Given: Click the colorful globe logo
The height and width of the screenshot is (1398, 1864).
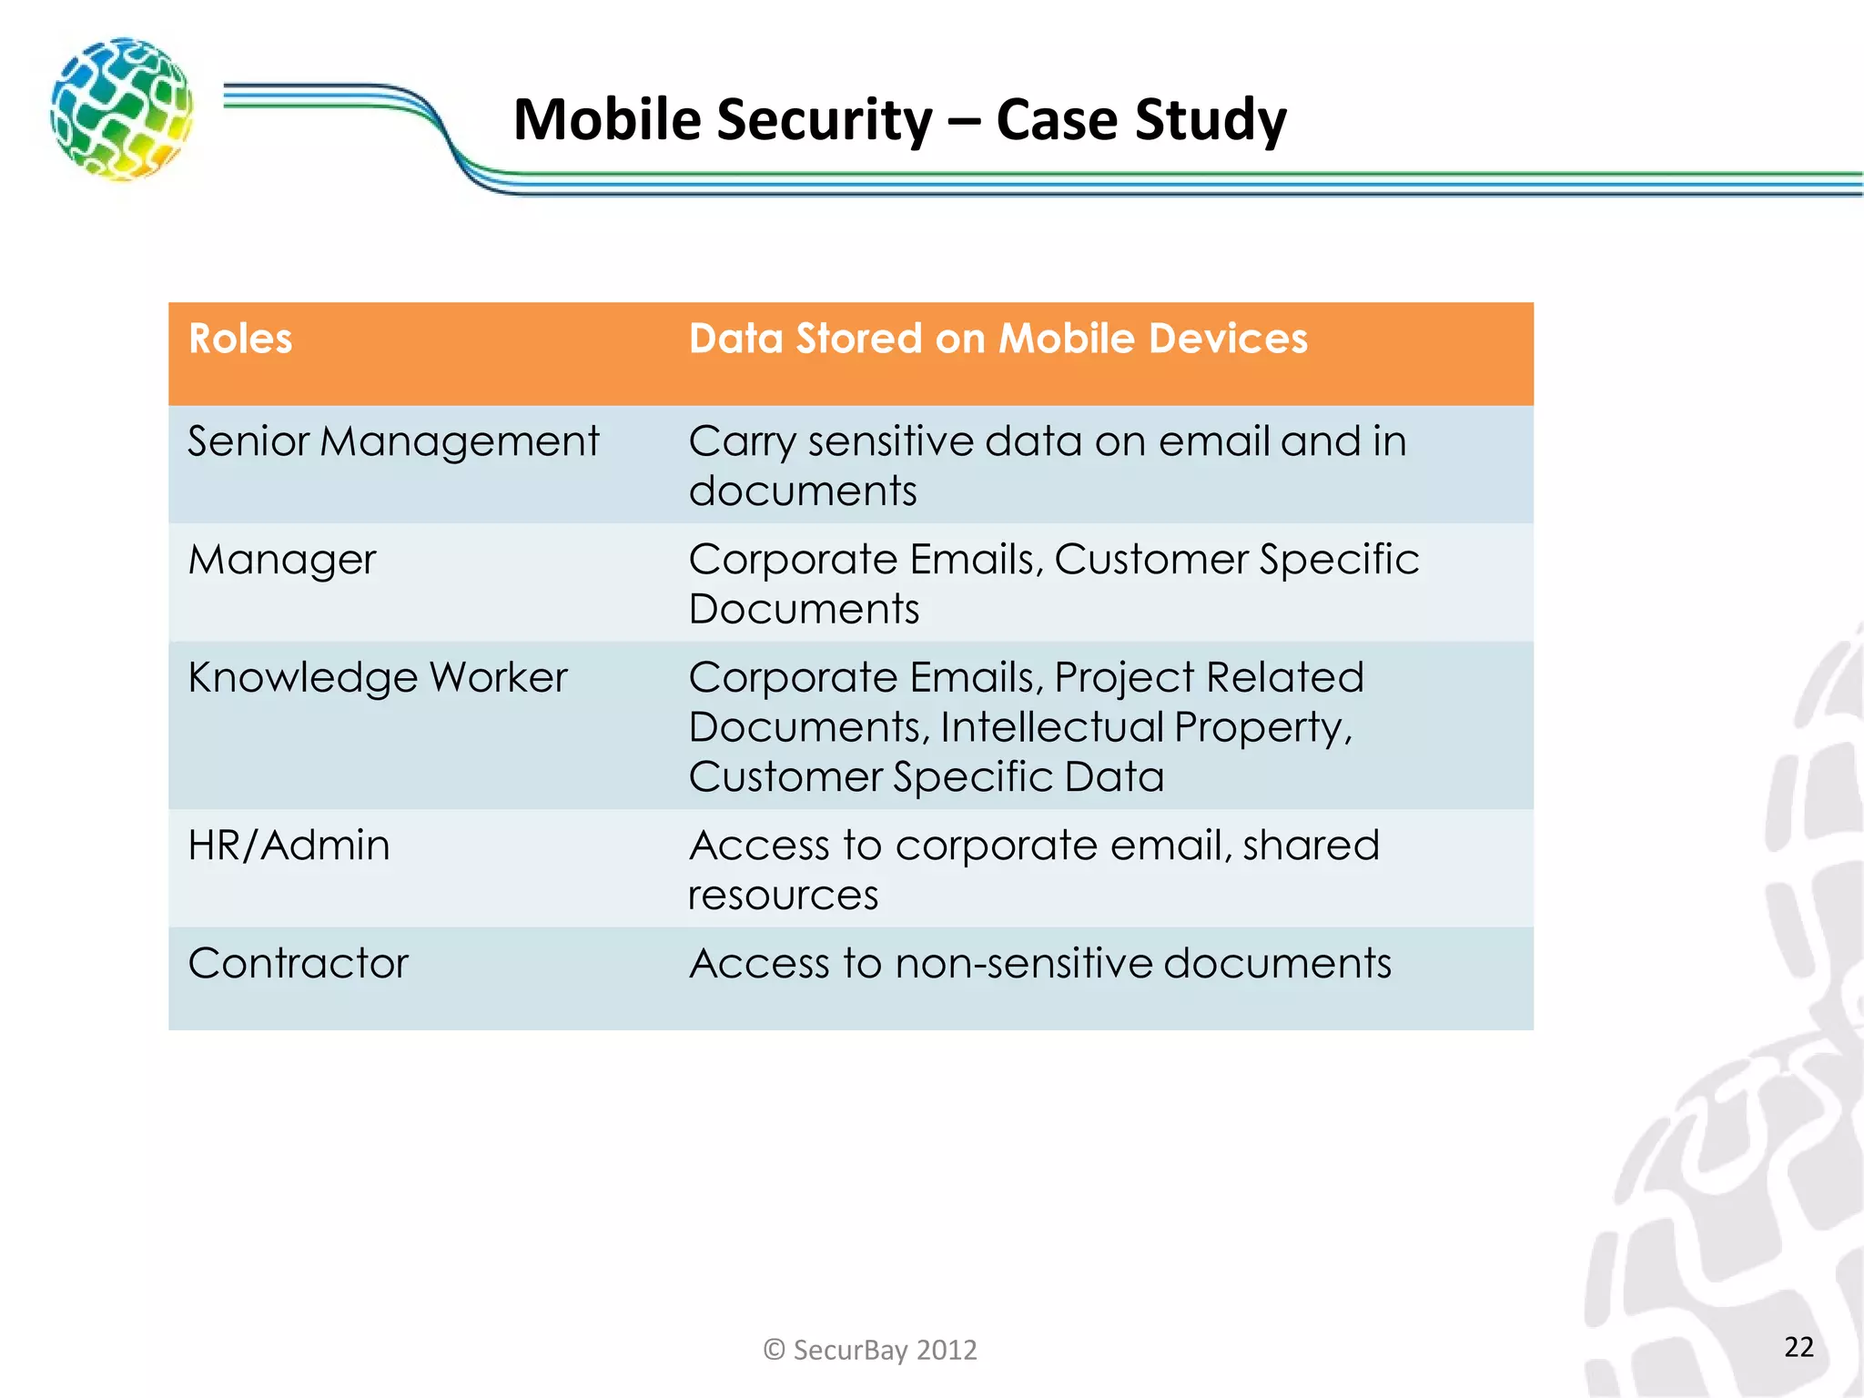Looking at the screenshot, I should pos(122,109).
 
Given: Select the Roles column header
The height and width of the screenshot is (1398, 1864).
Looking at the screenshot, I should pos(240,339).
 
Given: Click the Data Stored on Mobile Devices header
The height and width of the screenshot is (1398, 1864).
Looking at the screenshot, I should pos(998,339).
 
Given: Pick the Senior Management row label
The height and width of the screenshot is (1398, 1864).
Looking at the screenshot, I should pos(393,442).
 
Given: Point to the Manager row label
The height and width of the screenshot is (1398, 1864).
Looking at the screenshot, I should pos(281,560).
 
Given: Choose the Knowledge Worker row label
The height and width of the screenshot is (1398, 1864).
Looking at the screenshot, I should pos(377,678).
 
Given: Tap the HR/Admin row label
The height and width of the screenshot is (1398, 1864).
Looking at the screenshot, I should pos(289,846).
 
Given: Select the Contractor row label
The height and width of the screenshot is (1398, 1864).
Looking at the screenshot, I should pos(298,964).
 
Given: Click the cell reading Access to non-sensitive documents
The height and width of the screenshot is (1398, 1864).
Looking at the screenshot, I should pos(1039,964).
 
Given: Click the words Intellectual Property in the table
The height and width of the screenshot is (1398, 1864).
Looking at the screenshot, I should pos(1145,728).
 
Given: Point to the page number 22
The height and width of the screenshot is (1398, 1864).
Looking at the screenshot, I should pos(1798,1347).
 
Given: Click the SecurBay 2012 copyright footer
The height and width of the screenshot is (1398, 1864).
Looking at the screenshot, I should pos(870,1350).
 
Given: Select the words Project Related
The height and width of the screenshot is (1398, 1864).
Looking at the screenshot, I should pos(1209,678).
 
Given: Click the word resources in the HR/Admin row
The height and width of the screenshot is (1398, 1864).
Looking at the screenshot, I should pos(783,896).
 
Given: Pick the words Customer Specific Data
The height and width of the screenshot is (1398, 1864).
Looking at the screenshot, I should pos(926,778).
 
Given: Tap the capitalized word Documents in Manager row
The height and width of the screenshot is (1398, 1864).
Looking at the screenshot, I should pos(804,610).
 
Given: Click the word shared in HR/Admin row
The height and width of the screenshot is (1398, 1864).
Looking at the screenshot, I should pos(1311,846).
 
